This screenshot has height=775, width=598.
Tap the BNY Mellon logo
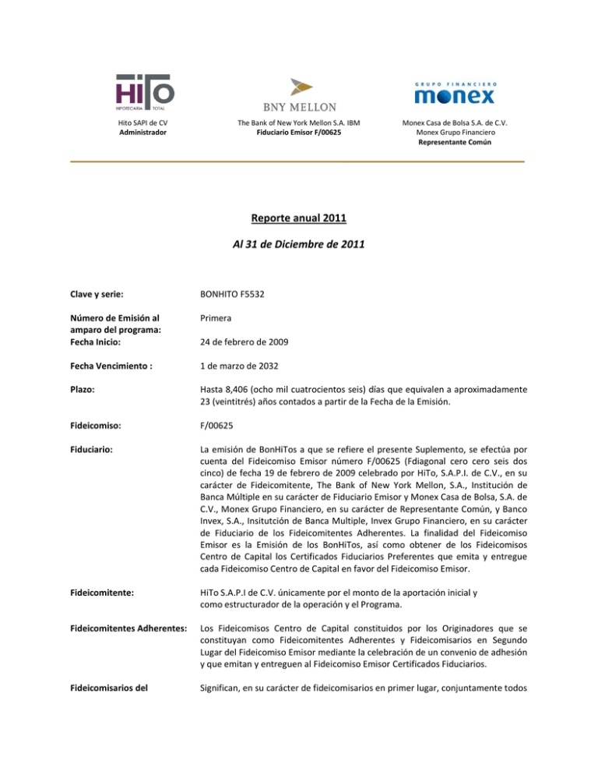[298, 94]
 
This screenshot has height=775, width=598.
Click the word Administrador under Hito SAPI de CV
[145, 133]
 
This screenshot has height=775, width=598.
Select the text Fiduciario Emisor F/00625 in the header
[298, 133]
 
